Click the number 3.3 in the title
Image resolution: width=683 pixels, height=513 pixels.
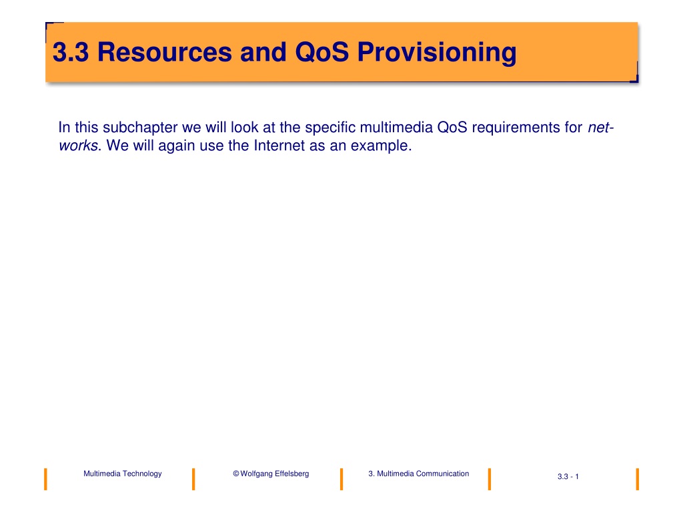(x=71, y=52)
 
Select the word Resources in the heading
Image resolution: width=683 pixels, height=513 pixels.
(x=165, y=52)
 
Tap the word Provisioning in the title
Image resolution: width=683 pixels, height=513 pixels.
(x=437, y=53)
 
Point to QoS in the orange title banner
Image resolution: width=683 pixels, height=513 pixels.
(x=322, y=52)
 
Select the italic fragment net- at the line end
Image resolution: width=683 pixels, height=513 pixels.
(x=601, y=128)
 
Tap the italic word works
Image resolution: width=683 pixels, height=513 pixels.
(x=79, y=145)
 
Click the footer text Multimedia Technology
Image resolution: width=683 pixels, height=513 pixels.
(x=123, y=474)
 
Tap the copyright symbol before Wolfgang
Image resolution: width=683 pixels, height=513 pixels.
(x=236, y=474)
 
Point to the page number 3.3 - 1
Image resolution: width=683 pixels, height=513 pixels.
(x=568, y=476)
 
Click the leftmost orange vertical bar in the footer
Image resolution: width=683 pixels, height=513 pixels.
(x=46, y=479)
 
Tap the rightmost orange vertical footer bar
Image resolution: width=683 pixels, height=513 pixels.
(x=637, y=479)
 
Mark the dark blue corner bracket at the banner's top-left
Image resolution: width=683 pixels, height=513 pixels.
(x=47, y=25)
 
